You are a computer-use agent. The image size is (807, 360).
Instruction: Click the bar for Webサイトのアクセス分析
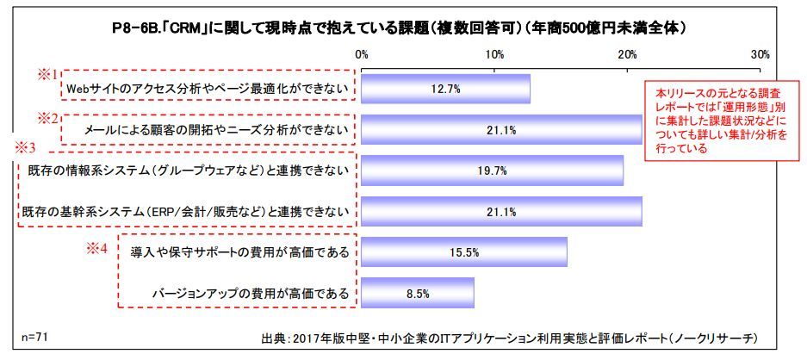[445, 89]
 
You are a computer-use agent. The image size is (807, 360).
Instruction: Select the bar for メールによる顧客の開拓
[501, 130]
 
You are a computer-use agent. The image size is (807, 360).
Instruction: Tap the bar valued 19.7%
[492, 171]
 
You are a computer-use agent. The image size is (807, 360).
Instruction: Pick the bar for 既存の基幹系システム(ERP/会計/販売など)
[501, 211]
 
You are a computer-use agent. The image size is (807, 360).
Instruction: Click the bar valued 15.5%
[464, 251]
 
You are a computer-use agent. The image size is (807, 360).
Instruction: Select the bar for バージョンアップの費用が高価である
[418, 293]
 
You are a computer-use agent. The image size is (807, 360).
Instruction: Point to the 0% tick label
[362, 54]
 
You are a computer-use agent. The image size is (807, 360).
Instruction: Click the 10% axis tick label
[494, 54]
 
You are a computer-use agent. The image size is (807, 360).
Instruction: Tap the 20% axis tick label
[627, 54]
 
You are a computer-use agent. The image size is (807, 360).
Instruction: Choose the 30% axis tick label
[760, 54]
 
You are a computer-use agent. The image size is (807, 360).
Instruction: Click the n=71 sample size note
[34, 334]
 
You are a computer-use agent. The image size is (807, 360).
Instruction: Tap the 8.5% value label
[418, 293]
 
